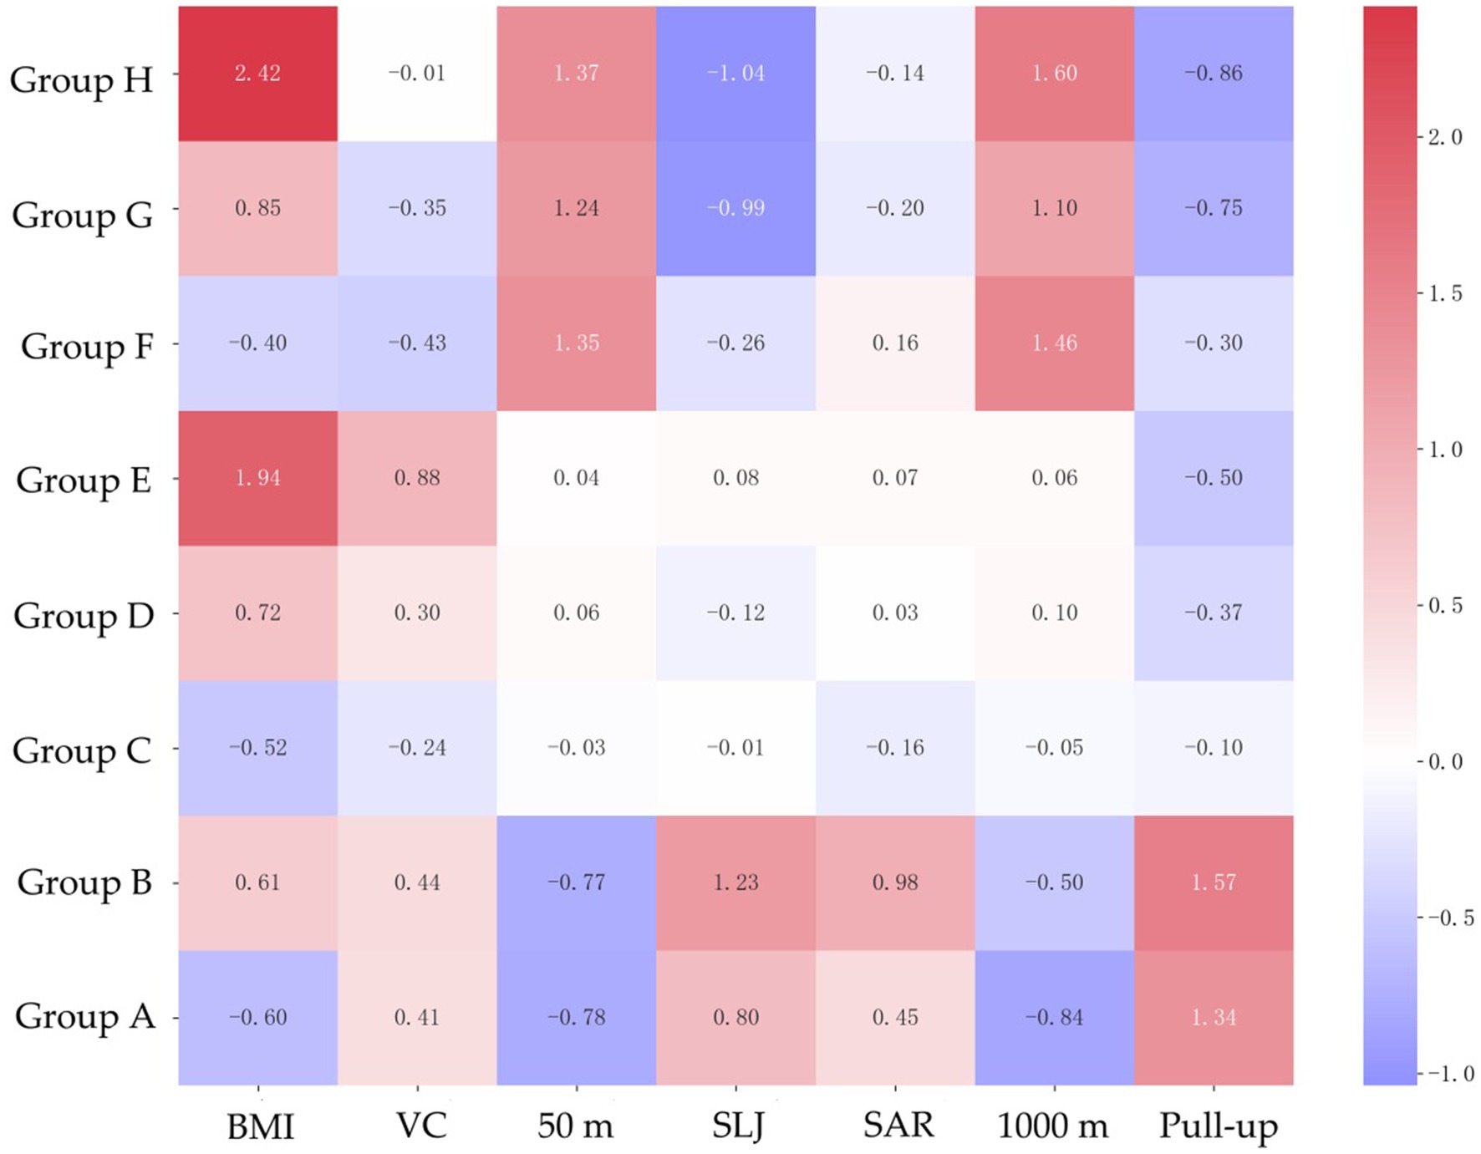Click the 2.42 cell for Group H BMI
click(257, 74)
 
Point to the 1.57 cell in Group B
click(1214, 882)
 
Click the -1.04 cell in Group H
click(735, 74)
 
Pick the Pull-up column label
click(1218, 1126)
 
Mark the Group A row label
click(84, 1017)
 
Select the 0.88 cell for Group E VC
click(417, 478)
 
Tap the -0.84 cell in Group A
click(1055, 1017)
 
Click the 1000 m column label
click(1053, 1126)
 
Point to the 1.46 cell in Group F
click(1055, 343)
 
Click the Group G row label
click(82, 216)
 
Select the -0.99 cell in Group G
click(735, 208)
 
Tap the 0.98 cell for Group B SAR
click(895, 882)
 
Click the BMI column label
click(260, 1126)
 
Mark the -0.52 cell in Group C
click(257, 748)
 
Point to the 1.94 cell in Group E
click(257, 478)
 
